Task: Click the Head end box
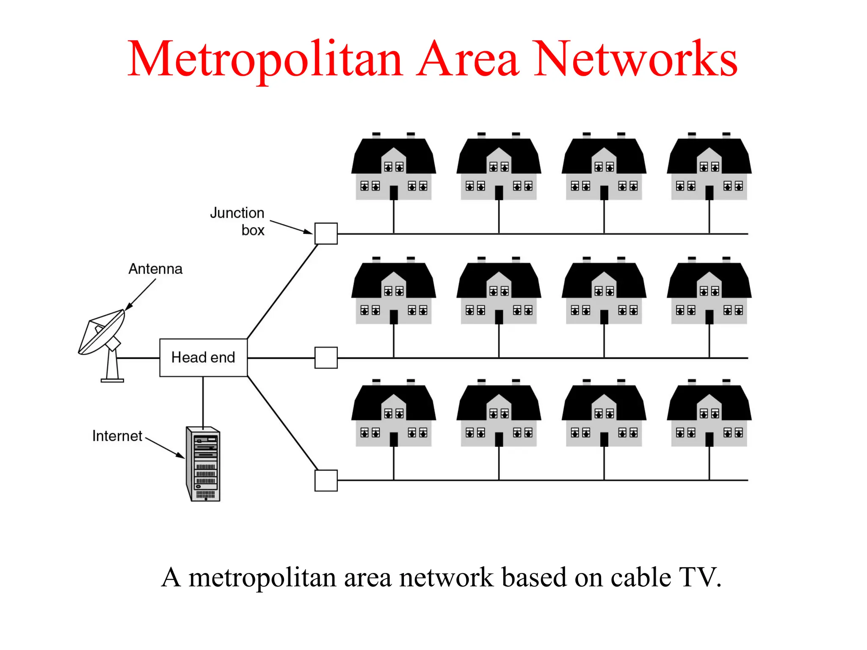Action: point(203,358)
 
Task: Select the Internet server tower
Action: point(204,464)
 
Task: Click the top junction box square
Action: point(326,234)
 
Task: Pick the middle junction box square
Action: point(326,358)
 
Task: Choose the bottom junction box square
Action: point(326,480)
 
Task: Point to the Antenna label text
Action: point(155,269)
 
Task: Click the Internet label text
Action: point(117,436)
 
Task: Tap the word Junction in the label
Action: point(237,213)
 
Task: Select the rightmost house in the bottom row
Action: point(709,415)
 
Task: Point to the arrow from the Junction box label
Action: point(291,227)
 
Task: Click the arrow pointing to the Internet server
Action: point(165,448)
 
